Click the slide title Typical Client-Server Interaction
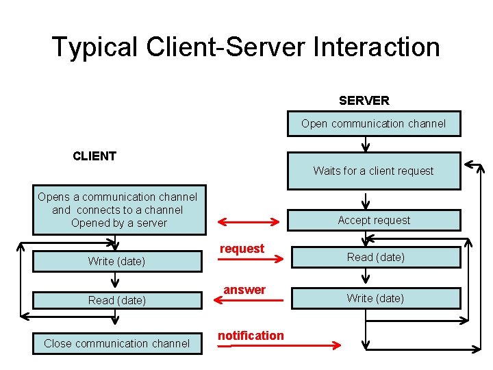(246, 47)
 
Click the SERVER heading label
(364, 101)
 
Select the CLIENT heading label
(94, 156)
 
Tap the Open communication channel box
(373, 124)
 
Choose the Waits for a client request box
(373, 171)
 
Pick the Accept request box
(373, 220)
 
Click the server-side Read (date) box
(375, 257)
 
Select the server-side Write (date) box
(375, 298)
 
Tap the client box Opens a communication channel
(118, 210)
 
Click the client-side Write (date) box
(117, 261)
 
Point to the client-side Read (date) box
(117, 300)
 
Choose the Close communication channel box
(117, 343)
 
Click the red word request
(242, 249)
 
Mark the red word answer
(244, 290)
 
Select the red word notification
(251, 335)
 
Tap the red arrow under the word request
(249, 259)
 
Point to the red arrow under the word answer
(249, 299)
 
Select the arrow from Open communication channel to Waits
(366, 144)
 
